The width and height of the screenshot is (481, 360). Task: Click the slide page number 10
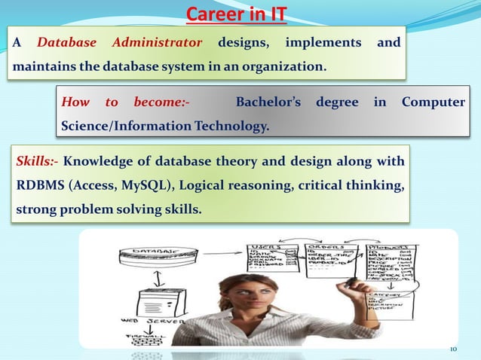tap(453, 349)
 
